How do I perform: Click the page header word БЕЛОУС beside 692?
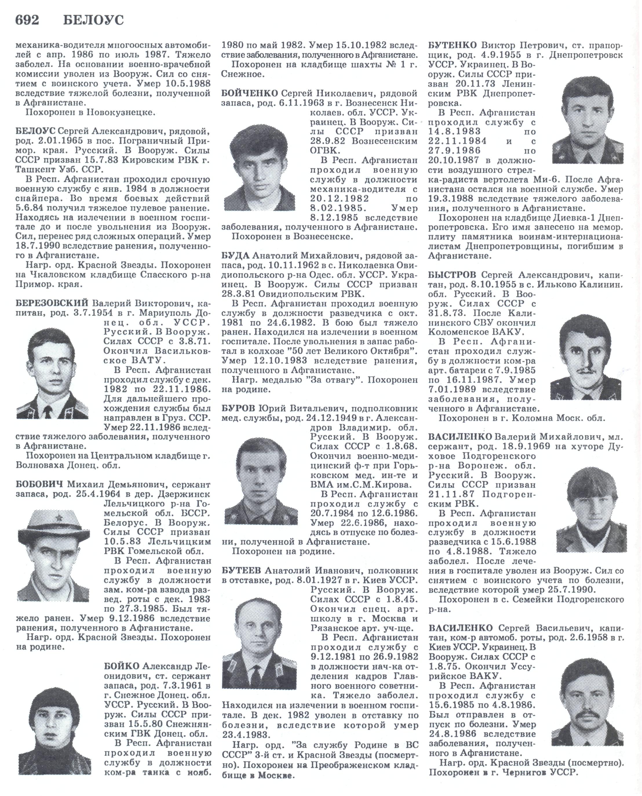click(x=93, y=20)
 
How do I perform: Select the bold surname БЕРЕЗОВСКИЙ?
click(x=52, y=304)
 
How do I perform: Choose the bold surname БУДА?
click(x=236, y=256)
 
